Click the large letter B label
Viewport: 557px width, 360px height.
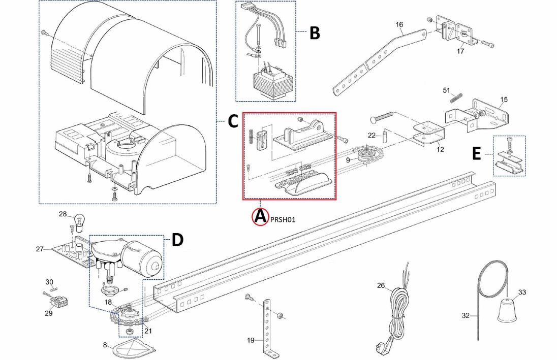point(315,33)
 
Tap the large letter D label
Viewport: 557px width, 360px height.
point(177,240)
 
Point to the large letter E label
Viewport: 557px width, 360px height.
point(476,154)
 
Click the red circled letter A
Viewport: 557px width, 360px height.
point(260,217)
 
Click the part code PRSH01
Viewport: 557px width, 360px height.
point(282,220)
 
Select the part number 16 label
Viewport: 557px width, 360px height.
point(399,24)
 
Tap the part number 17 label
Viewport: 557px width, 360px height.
point(460,51)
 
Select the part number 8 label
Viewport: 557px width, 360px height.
point(105,345)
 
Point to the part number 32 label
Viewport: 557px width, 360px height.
point(466,315)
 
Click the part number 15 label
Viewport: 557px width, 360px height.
point(504,99)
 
